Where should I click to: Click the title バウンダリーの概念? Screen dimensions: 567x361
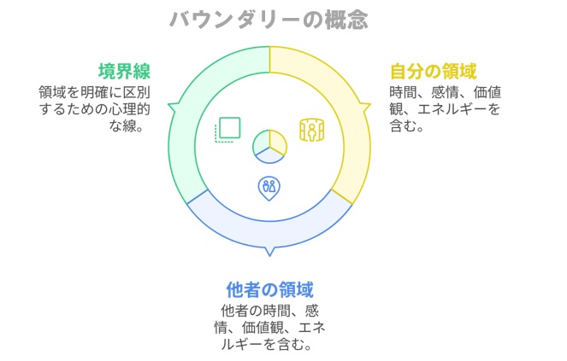269,20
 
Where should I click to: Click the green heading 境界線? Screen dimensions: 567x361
124,71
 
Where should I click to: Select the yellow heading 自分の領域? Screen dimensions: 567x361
434,71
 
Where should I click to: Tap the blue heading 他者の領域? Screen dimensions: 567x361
269,289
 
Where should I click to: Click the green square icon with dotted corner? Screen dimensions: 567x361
227,129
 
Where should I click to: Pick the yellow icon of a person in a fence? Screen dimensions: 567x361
311,130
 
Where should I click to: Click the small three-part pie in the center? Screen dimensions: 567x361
269,147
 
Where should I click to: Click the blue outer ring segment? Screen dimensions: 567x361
269,235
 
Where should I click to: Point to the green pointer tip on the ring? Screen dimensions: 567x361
168,105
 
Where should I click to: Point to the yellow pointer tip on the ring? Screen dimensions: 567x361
370,105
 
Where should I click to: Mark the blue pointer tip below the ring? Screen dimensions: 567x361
269,256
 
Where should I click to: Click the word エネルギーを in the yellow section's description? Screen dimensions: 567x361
458,109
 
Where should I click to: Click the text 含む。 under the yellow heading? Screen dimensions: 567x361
406,126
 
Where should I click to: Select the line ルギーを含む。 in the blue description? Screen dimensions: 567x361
267,344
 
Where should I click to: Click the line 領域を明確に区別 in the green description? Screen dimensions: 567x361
94,92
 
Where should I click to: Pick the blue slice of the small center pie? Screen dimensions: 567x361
269,156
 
